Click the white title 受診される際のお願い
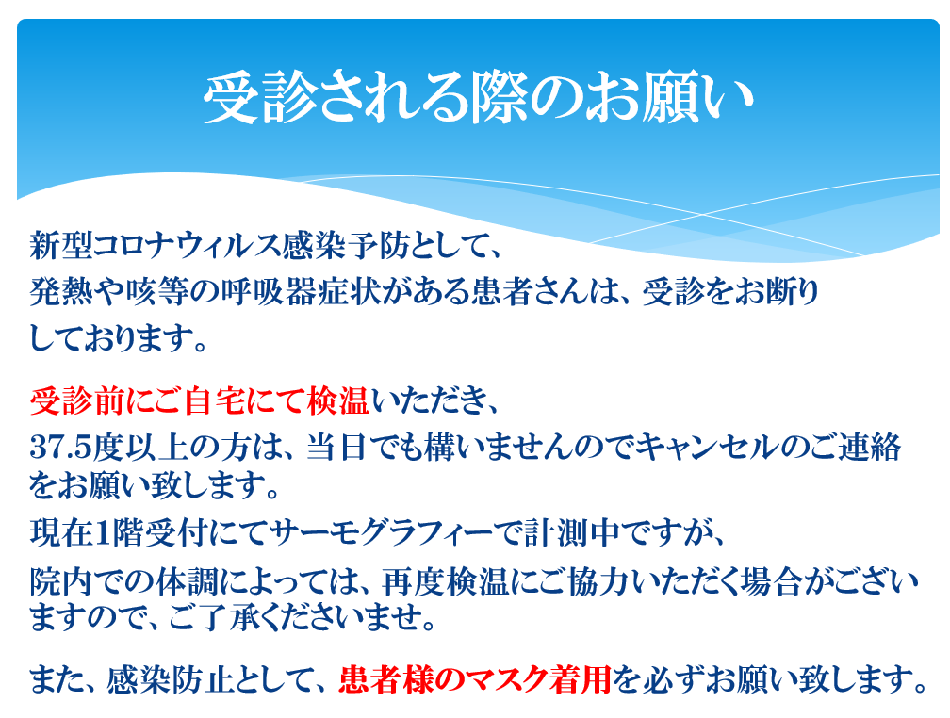[x=478, y=98]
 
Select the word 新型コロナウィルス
[x=156, y=246]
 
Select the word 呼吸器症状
[x=301, y=292]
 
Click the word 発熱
[x=61, y=292]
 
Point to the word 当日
[x=336, y=448]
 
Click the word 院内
[x=61, y=581]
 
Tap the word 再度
[x=414, y=581]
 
